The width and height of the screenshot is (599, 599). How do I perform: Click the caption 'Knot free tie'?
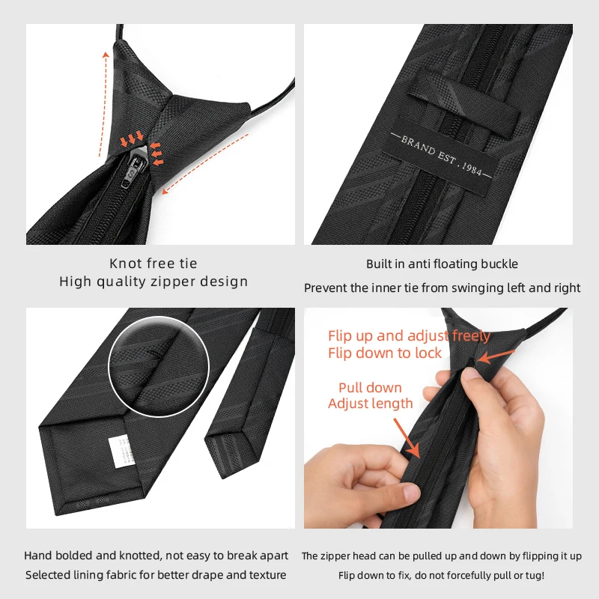(x=153, y=264)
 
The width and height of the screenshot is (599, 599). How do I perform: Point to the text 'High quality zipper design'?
(x=153, y=282)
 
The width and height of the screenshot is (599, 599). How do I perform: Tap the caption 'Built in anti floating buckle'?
(x=442, y=264)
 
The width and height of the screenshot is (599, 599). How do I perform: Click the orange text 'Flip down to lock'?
(x=385, y=353)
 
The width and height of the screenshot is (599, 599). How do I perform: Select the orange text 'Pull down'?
(x=370, y=388)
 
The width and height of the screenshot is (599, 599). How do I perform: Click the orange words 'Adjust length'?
(x=370, y=404)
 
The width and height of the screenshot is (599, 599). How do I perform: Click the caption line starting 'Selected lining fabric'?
(x=156, y=576)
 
